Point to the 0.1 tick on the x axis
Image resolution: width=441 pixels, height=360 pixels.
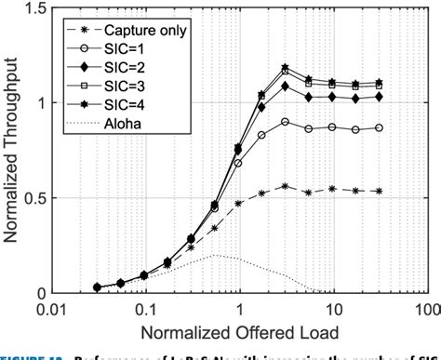[145, 307]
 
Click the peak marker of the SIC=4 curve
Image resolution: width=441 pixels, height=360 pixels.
[286, 68]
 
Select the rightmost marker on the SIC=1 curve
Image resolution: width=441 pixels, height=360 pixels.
[379, 127]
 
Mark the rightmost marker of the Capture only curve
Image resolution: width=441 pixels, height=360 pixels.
[379, 191]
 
